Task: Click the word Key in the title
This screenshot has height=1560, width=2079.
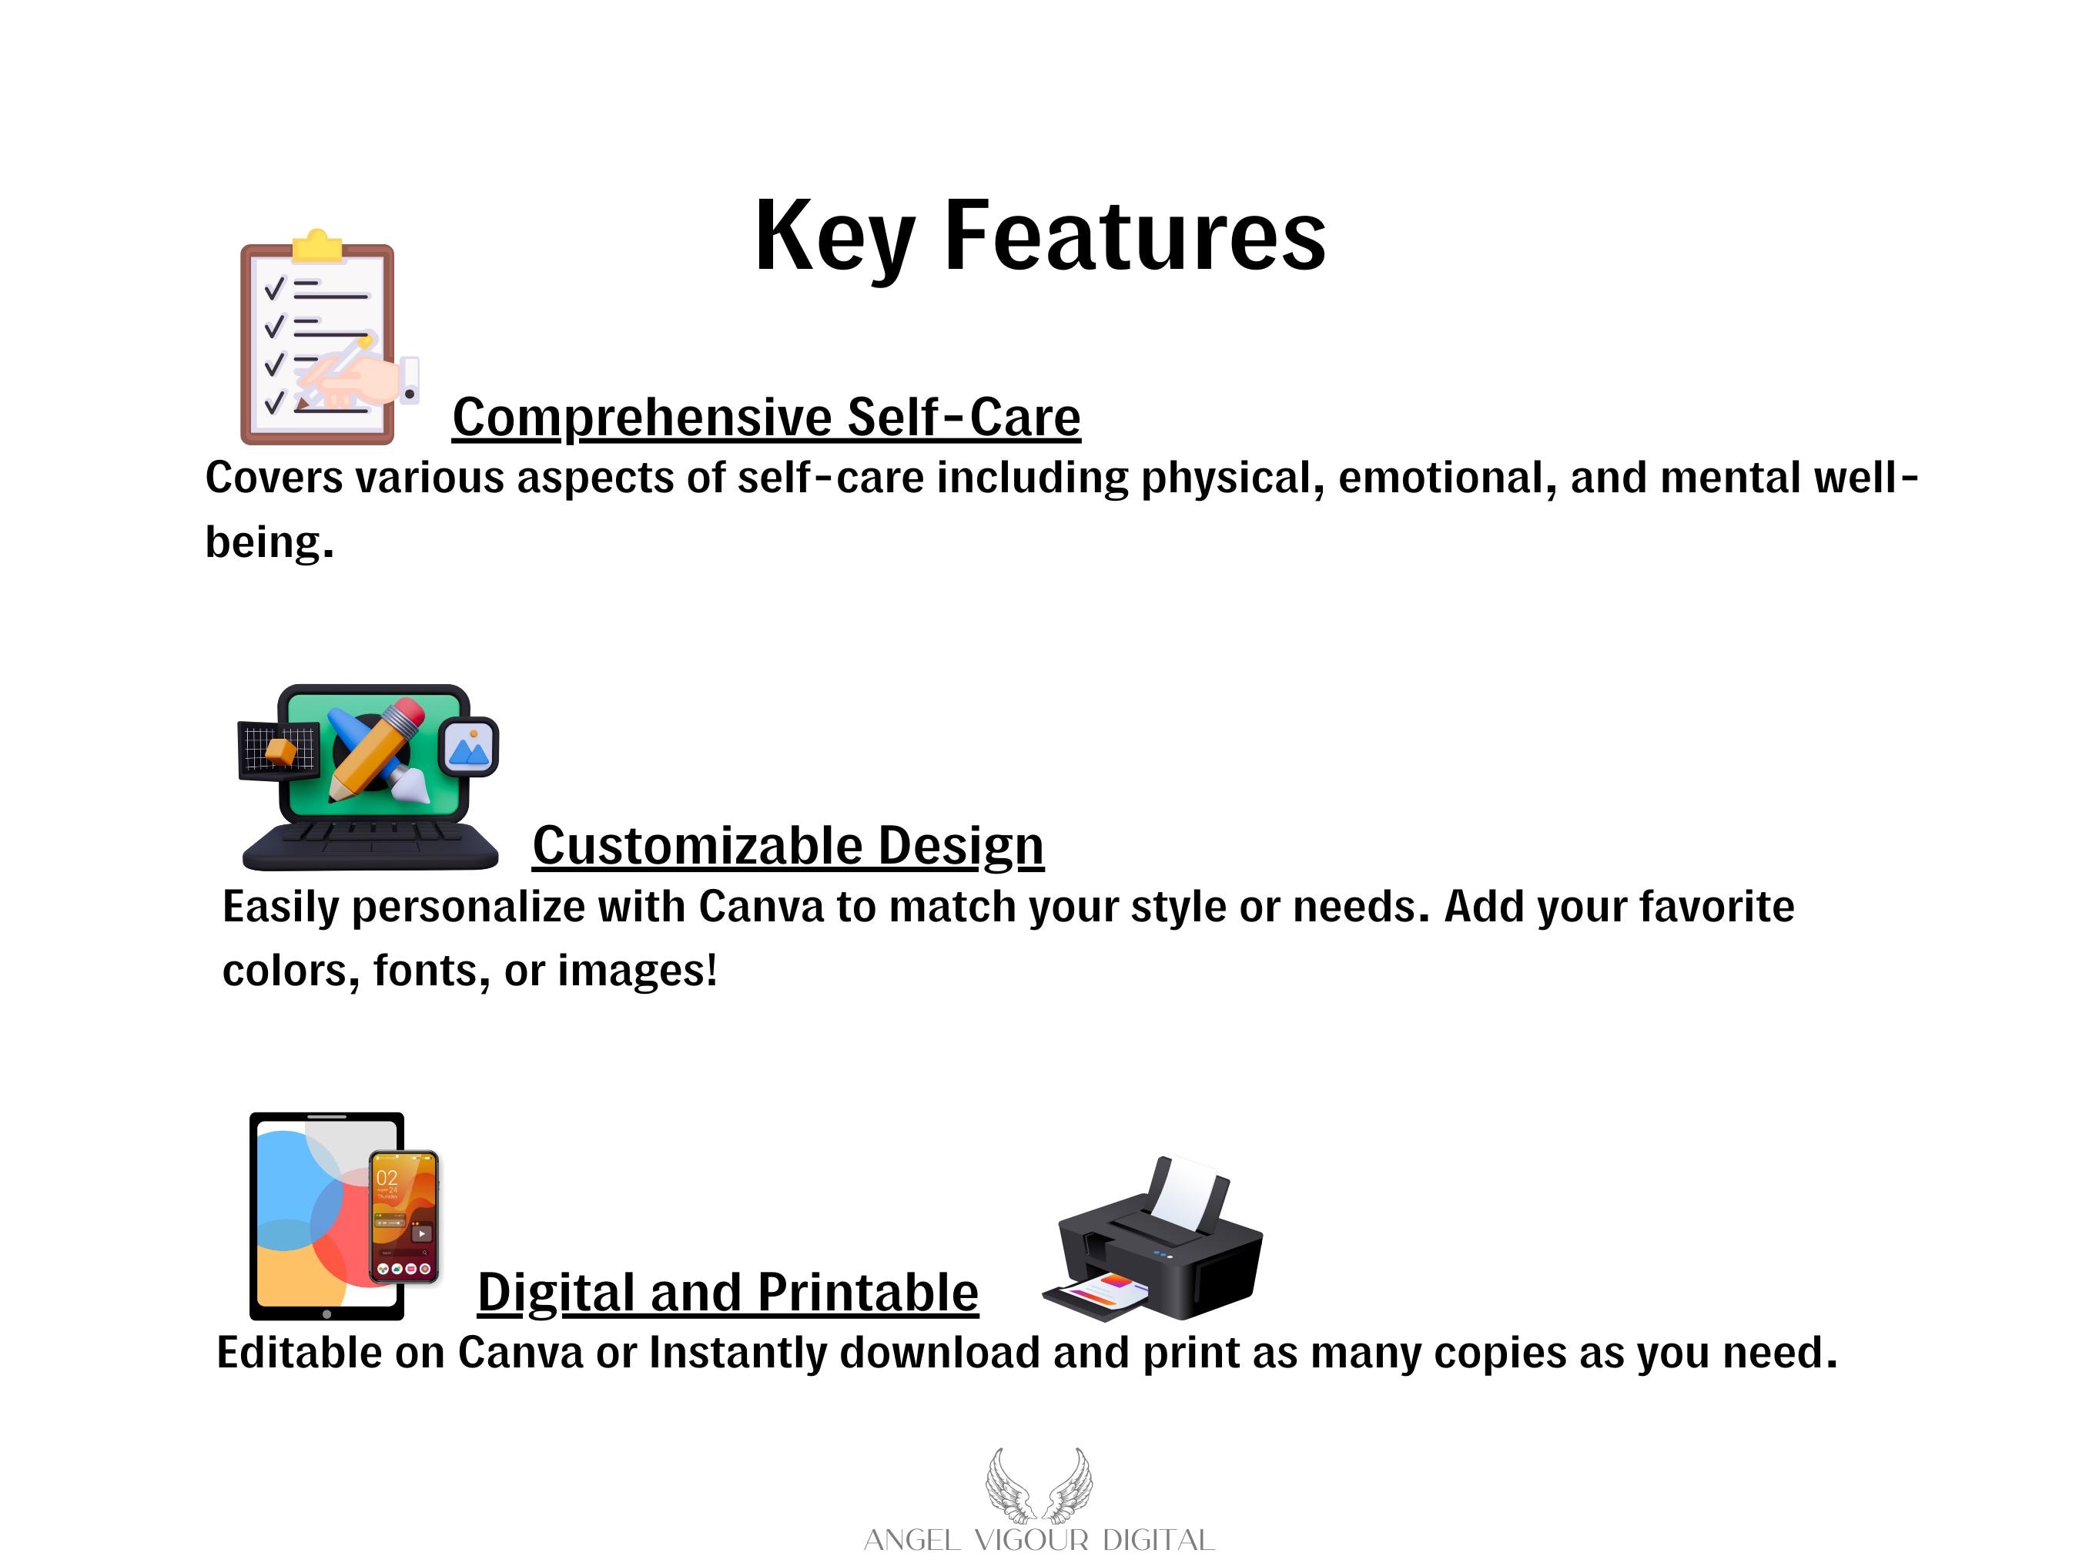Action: (835, 237)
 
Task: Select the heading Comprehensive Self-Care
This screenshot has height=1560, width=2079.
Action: (766, 418)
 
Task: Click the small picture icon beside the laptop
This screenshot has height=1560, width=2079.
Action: (469, 747)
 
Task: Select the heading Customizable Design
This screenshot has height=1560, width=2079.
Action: (788, 847)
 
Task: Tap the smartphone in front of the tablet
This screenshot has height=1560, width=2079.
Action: (404, 1216)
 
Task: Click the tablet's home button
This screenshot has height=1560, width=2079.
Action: (326, 1313)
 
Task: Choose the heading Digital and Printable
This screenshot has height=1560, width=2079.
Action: (728, 1292)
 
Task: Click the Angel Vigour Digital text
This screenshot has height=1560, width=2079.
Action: (1039, 1540)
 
